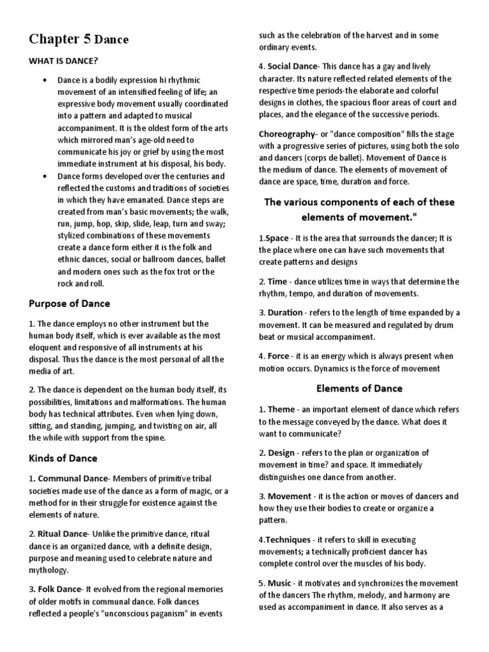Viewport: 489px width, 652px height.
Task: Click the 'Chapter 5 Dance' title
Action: pos(78,39)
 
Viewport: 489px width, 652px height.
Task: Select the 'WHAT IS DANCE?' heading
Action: pos(62,61)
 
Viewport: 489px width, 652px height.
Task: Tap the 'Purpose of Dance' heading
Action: pos(69,303)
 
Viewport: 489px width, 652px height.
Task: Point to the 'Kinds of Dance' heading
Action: pos(63,458)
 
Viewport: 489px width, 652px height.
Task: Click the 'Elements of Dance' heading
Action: pos(359,388)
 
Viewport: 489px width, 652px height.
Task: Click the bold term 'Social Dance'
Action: pos(292,66)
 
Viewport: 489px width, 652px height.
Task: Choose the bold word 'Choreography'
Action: pos(287,134)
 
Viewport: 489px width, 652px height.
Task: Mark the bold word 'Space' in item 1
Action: pos(277,238)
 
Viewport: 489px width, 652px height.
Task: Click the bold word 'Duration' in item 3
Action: pos(285,313)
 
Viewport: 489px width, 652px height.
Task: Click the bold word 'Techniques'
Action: pos(288,539)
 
